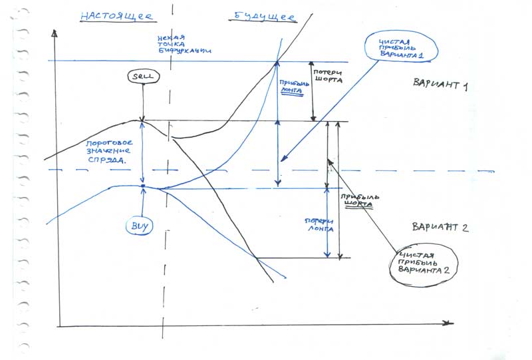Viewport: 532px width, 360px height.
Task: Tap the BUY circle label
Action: tap(140, 226)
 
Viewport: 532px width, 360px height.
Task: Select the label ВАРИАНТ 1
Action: tap(441, 85)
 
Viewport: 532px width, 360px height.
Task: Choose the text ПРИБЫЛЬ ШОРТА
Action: tap(358, 201)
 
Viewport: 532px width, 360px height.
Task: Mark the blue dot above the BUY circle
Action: tap(143, 186)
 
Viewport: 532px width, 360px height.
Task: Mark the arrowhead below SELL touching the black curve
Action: tap(143, 120)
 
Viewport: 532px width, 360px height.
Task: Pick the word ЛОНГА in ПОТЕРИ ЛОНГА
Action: tap(319, 230)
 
